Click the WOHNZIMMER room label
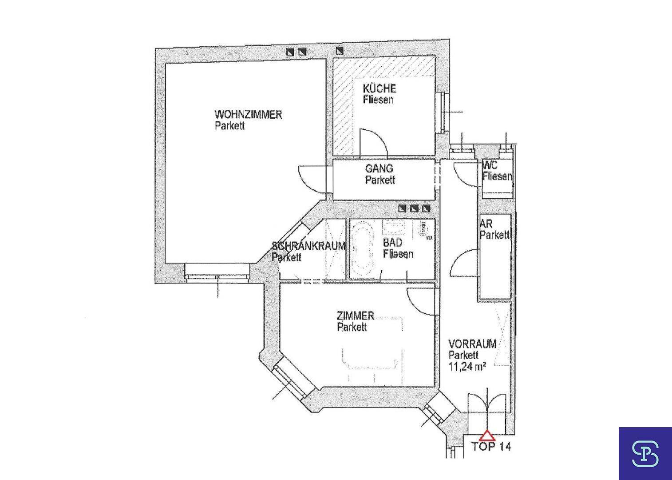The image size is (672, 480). (248, 115)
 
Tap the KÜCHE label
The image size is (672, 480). (379, 88)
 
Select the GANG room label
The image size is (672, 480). (379, 169)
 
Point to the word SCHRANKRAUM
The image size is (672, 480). (308, 246)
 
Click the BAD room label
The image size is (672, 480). (393, 243)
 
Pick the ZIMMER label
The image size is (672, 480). (355, 316)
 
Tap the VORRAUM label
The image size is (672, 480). (472, 344)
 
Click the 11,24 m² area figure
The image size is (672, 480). (466, 366)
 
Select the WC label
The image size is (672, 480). (490, 165)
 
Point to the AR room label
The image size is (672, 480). (486, 224)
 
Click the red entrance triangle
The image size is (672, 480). (487, 436)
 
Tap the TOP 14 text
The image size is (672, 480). (491, 447)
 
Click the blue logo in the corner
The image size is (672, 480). (645, 453)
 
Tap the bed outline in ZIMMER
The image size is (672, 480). (371, 358)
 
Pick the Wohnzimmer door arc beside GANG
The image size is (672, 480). (312, 179)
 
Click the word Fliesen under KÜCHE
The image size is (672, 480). (378, 100)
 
